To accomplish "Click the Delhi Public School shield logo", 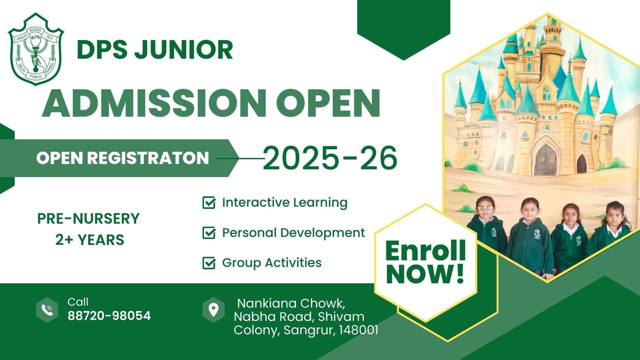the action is click(x=36, y=49).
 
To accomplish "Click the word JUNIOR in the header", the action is click(x=184, y=50).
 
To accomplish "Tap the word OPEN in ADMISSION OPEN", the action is click(x=328, y=103).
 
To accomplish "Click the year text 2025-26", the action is click(x=330, y=158).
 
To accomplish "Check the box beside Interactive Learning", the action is click(x=209, y=202).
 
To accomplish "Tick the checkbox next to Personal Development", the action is click(x=209, y=232).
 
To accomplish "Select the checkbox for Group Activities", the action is click(x=209, y=262).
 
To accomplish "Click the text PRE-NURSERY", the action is click(x=88, y=218).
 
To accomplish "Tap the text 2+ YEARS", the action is click(x=90, y=240).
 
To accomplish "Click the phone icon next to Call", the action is click(x=47, y=310).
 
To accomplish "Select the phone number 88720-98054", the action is click(x=109, y=316).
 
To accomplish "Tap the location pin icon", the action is click(x=214, y=310).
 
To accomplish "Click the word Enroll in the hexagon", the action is click(x=425, y=250).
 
